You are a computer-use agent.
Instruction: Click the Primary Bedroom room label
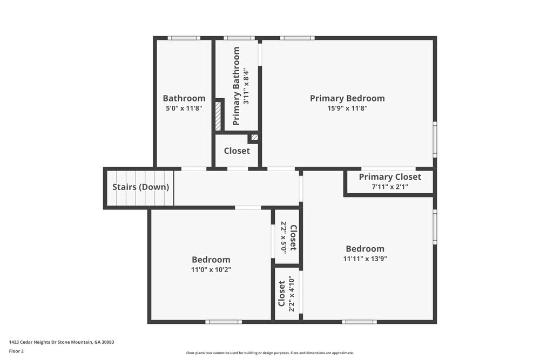[x=347, y=98]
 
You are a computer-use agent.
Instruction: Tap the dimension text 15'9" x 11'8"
[x=347, y=108]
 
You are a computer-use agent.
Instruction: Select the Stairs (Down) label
[x=140, y=187]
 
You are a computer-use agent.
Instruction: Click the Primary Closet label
[x=390, y=177]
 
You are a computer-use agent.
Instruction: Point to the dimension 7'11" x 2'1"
[x=390, y=187]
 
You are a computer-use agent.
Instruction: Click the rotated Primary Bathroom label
[x=236, y=86]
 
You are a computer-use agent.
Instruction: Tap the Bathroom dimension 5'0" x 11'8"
[x=184, y=108]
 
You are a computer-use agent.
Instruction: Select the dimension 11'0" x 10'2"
[x=211, y=269]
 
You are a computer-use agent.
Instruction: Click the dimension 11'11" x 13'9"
[x=365, y=259]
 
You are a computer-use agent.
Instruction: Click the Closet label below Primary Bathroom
[x=237, y=151]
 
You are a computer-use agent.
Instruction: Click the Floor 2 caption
[x=16, y=351]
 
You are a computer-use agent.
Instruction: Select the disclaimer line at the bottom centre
[x=270, y=352]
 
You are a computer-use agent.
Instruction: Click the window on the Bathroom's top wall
[x=184, y=38]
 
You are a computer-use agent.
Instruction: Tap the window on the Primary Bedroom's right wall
[x=435, y=139]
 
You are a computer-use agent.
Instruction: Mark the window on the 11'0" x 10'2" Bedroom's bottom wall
[x=224, y=322]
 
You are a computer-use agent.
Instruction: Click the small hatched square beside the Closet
[x=254, y=138]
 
